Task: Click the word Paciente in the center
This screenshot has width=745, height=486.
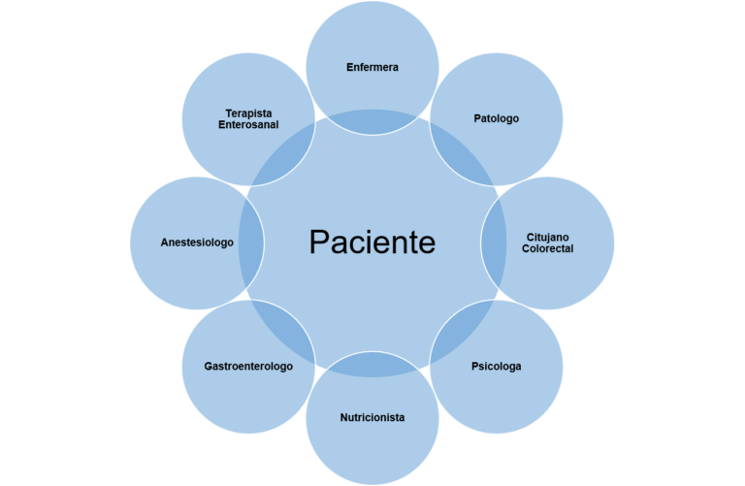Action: [x=372, y=243]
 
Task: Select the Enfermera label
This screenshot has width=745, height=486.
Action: [x=372, y=67]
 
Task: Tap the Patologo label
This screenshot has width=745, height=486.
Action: [x=497, y=118]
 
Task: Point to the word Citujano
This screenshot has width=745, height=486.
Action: [x=548, y=237]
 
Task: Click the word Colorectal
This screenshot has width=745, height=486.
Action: [x=548, y=248]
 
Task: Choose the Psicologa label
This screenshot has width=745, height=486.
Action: [x=497, y=367]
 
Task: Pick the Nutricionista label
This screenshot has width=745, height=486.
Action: [x=372, y=418]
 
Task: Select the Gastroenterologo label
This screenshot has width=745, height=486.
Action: [x=248, y=367]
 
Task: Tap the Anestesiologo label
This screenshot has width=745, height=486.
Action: [x=197, y=243]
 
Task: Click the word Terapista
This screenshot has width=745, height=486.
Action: [x=248, y=113]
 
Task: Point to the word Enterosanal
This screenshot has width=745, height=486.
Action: [x=248, y=124]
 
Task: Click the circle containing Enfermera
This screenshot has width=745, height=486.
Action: [x=372, y=39]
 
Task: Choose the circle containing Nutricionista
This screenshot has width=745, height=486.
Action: [x=372, y=451]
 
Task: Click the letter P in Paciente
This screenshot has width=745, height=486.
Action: [x=318, y=243]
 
